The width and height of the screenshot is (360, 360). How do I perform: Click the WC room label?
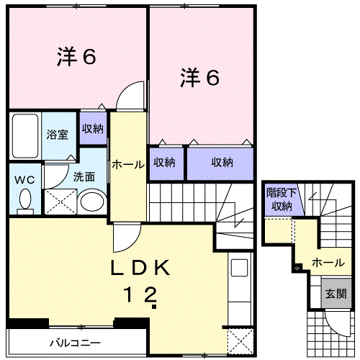24,180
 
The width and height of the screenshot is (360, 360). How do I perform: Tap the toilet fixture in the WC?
25,202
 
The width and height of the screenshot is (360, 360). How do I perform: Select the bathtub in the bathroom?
25,136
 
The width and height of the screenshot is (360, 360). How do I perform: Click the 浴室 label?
58,135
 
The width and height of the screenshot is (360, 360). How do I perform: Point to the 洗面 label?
84,177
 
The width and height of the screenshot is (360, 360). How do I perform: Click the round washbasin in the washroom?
92,202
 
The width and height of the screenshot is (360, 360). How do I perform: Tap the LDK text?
140,268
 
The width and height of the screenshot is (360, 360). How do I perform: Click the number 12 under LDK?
140,294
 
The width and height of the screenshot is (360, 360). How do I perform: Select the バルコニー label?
75,343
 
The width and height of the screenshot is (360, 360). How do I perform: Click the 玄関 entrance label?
336,293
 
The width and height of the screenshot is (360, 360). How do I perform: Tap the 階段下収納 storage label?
282,199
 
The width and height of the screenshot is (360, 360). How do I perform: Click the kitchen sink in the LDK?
239,268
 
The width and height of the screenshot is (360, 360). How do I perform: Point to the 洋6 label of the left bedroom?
76,57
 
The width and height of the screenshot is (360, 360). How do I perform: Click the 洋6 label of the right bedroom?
199,77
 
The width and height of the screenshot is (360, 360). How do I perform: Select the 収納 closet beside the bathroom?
93,129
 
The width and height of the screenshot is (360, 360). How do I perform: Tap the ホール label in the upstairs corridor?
128,164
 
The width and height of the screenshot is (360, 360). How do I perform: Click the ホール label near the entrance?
328,263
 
